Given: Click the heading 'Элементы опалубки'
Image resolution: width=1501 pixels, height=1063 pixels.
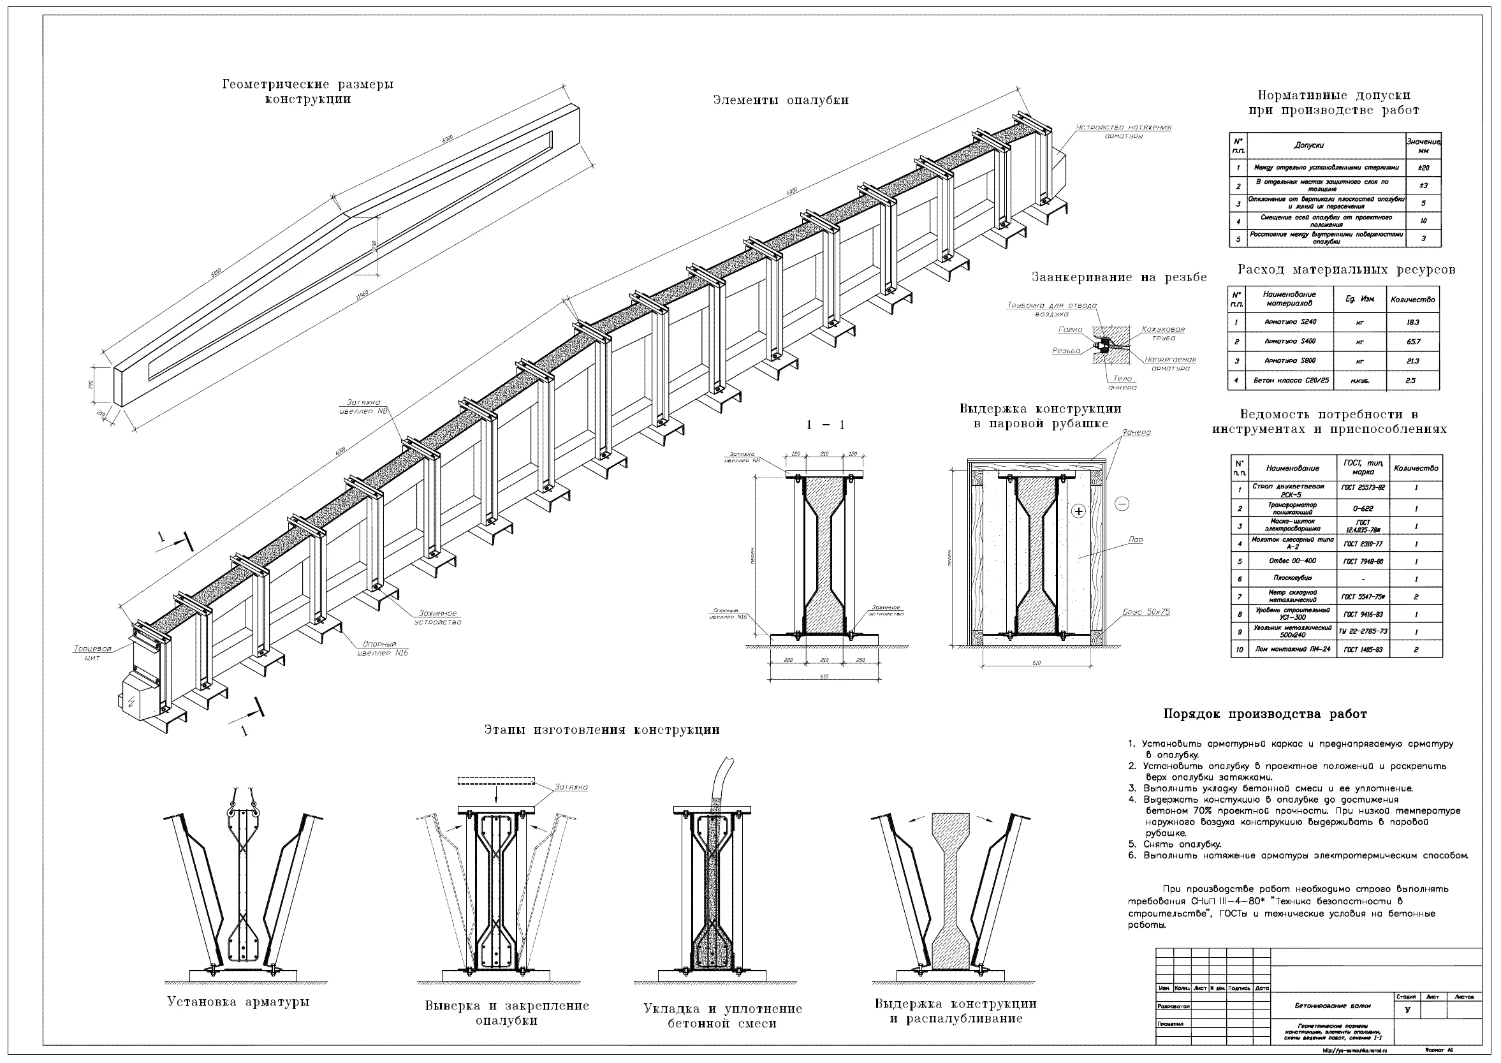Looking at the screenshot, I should tap(780, 100).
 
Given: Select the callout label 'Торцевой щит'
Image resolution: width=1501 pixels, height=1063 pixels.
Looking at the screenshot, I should tap(93, 653).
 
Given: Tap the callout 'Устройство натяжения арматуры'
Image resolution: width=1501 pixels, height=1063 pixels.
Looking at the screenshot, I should tap(1124, 131).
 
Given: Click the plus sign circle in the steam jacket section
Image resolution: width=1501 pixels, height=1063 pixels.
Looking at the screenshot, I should tap(1078, 511).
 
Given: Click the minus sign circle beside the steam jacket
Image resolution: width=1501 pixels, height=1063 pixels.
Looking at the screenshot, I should tap(1122, 503).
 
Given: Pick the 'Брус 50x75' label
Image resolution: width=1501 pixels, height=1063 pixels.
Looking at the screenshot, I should tap(1146, 612).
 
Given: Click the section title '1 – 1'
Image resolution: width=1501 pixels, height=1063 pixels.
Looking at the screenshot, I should tap(826, 425).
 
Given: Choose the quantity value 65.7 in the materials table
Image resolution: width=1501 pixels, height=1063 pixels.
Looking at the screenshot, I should tap(1412, 342).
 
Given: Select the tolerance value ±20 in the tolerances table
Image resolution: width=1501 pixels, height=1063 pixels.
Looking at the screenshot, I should tap(1423, 168).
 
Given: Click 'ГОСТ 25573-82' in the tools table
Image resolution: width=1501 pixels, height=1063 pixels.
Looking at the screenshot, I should tap(1362, 488).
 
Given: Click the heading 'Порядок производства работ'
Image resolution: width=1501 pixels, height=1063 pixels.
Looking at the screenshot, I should tap(1265, 714).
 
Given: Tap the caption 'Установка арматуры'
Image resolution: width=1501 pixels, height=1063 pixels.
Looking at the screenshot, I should tap(238, 1002).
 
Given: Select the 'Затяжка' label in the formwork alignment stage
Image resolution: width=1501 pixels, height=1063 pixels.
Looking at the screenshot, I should tap(571, 787).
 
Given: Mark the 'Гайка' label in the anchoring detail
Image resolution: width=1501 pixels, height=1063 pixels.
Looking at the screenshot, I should tap(1069, 330).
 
